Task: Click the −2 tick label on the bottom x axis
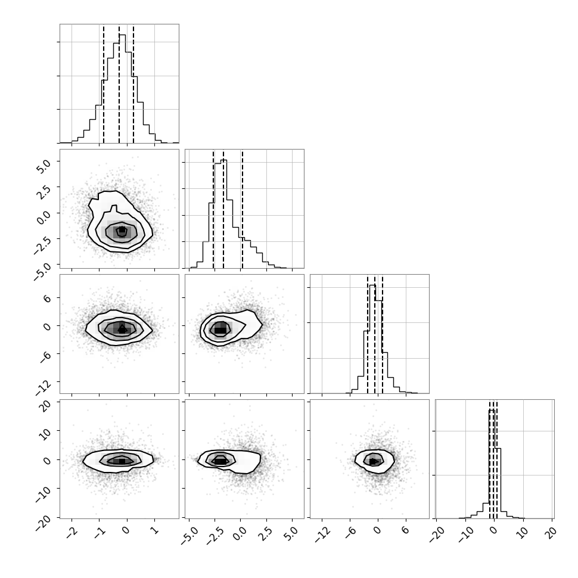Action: coord(72,532)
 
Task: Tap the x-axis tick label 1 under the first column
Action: coord(155,530)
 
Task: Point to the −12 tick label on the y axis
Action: coord(44,387)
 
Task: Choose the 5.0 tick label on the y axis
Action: coord(44,167)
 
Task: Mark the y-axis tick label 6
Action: coord(47,298)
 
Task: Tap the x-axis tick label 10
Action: coord(523,532)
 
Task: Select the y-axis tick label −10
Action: coord(44,495)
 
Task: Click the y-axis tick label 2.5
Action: coord(44,192)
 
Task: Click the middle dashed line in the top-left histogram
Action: coord(119,84)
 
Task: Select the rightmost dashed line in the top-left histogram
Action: coord(133,84)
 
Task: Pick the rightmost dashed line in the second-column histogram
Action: coord(242,209)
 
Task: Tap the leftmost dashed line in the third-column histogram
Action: coord(368,335)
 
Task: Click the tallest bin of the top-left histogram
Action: coord(122,88)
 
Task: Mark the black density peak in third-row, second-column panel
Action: coord(220,330)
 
